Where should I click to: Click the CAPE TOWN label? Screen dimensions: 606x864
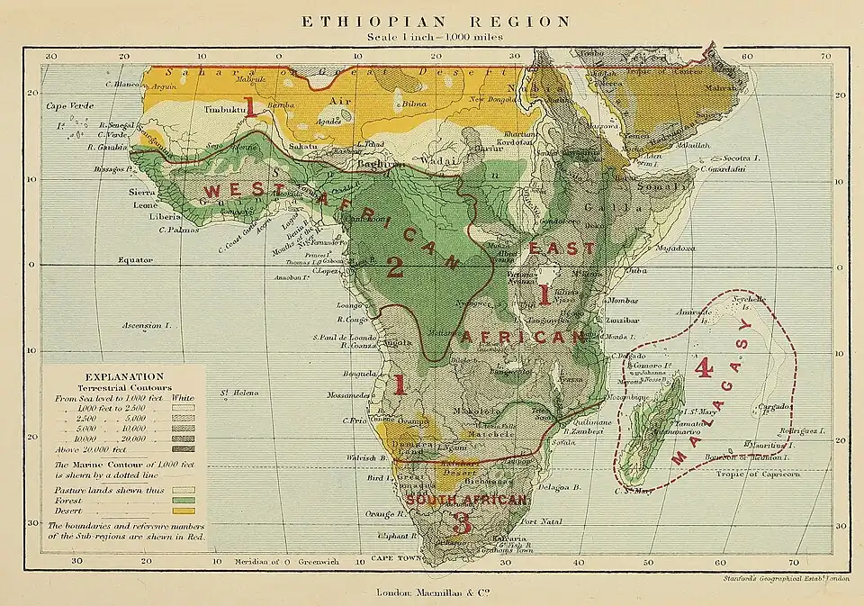click(x=397, y=558)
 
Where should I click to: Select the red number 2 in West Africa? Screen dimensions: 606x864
click(x=393, y=266)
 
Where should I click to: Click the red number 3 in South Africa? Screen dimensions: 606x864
click(x=463, y=521)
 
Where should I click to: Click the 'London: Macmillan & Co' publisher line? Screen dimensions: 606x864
click(x=435, y=592)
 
